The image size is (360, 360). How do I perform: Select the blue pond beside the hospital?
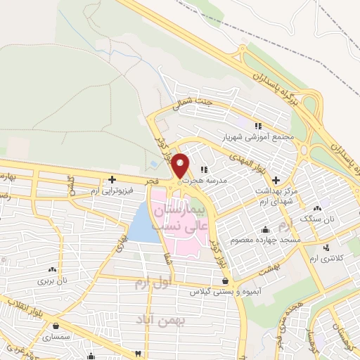coord(143,222)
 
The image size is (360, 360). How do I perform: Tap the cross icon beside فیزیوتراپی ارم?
coord(111,179)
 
